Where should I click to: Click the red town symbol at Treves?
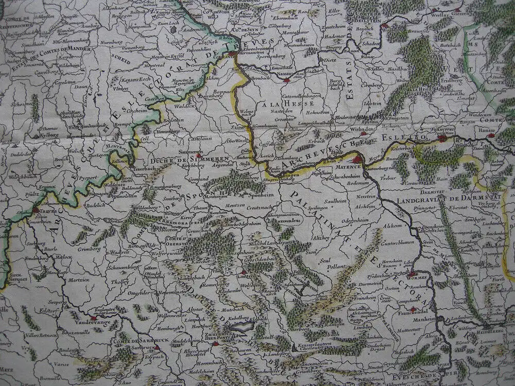(x=36, y=210)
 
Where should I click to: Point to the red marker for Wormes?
(x=411, y=274)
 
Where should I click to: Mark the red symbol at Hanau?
(x=491, y=136)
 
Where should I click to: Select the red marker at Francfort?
(x=442, y=137)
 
